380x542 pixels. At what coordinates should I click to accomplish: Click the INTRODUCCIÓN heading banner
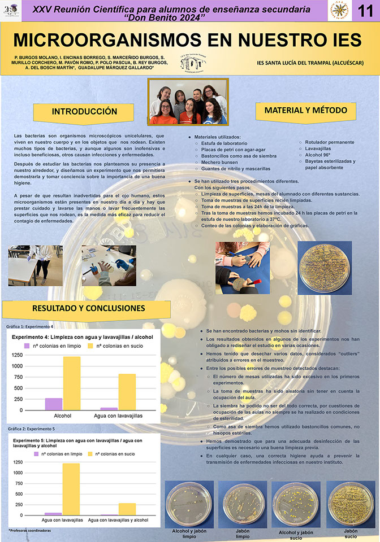pos(84,111)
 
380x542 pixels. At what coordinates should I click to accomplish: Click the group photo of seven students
pos(188,102)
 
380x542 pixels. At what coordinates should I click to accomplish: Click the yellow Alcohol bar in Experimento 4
pos(71,383)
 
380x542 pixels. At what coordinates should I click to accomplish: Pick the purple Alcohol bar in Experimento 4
pos(54,404)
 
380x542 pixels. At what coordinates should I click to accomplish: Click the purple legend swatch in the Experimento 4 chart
pos(27,345)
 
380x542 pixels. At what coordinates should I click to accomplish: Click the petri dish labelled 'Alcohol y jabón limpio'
pos(189,505)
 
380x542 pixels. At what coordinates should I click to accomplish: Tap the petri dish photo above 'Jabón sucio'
pos(351,505)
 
